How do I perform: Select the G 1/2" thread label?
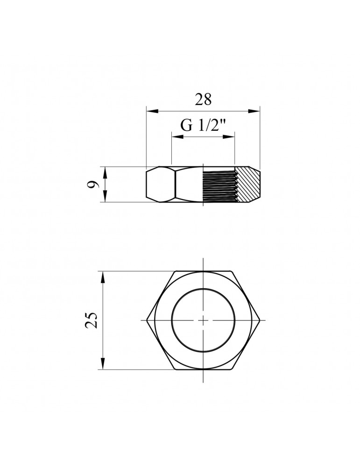pos(202,126)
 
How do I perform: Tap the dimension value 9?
pos(92,184)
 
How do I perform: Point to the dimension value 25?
pos(92,320)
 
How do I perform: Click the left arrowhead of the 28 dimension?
pos(152,111)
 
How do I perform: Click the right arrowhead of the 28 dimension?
pos(254,111)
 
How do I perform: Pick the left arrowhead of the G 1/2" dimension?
pos(177,137)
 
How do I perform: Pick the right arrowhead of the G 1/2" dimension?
pos(229,137)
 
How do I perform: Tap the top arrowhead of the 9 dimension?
pos(105,172)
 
